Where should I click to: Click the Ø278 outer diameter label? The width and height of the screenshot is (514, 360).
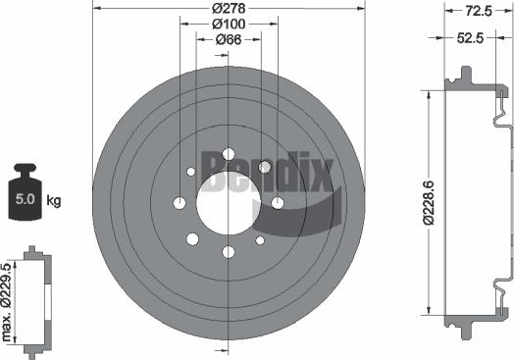coord(229,9)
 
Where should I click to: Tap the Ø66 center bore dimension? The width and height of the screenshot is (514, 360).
coord(229,40)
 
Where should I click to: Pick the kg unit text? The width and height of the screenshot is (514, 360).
coord(54,201)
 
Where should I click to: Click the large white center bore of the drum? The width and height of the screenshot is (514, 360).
coord(229,203)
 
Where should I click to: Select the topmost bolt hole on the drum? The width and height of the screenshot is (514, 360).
coord(229,154)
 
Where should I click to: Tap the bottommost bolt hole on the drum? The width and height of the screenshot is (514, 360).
coord(229,252)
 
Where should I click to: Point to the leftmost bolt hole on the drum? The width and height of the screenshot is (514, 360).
coord(180,203)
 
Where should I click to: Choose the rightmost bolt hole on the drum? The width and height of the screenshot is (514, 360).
coord(278,203)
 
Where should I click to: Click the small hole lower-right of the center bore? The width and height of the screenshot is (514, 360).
coord(260,240)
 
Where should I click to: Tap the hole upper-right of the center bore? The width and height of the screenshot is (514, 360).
coord(264,168)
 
